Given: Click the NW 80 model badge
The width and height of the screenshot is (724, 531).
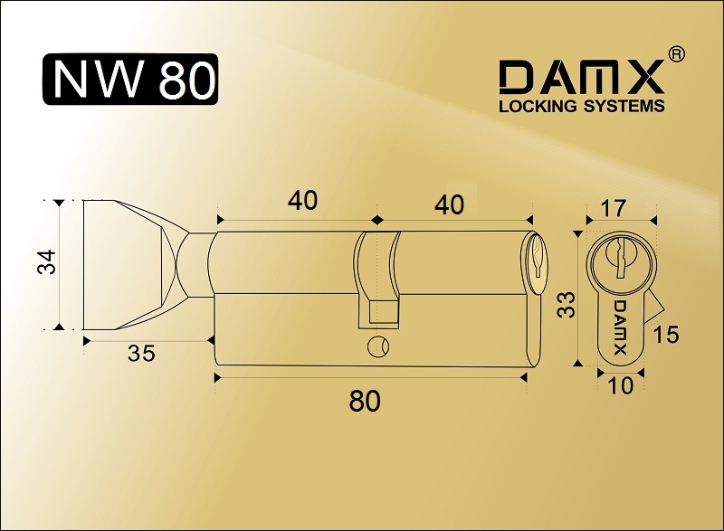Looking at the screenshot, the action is pos(130,80).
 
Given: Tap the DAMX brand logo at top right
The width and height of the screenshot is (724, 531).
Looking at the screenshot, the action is pos(581,78).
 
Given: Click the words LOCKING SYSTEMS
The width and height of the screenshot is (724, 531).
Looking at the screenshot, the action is pos(581,106).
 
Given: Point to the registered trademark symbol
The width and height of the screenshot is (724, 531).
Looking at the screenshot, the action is pos(676,54).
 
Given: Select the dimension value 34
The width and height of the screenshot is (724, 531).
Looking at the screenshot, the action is pos(47,261).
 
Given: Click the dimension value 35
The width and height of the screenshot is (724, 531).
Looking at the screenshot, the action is pos(141,354).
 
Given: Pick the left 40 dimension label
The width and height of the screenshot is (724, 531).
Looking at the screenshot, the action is pos(303,201).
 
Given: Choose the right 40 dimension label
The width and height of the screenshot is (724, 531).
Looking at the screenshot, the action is pos(449,204).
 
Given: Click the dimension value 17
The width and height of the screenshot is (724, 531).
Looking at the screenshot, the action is pos(614,208).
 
